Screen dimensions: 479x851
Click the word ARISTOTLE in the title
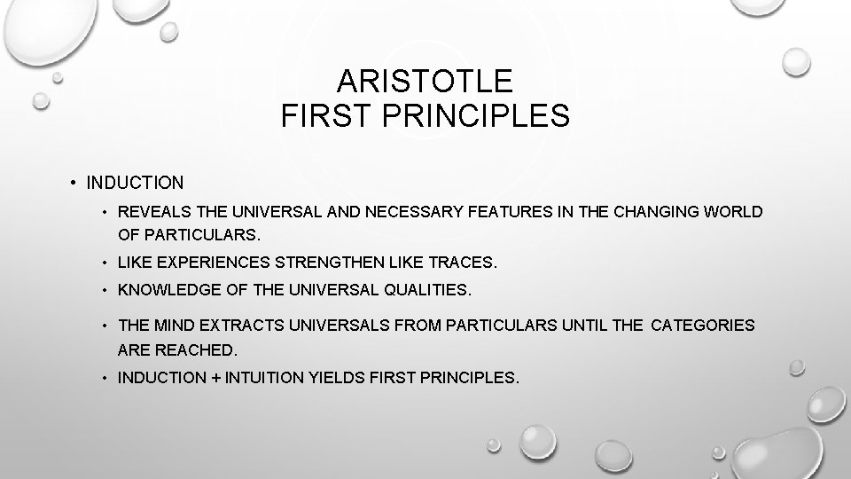coord(425,82)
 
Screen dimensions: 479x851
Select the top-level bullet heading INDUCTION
coord(135,184)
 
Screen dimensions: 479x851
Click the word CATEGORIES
coord(703,326)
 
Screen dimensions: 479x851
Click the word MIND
coord(170,326)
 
